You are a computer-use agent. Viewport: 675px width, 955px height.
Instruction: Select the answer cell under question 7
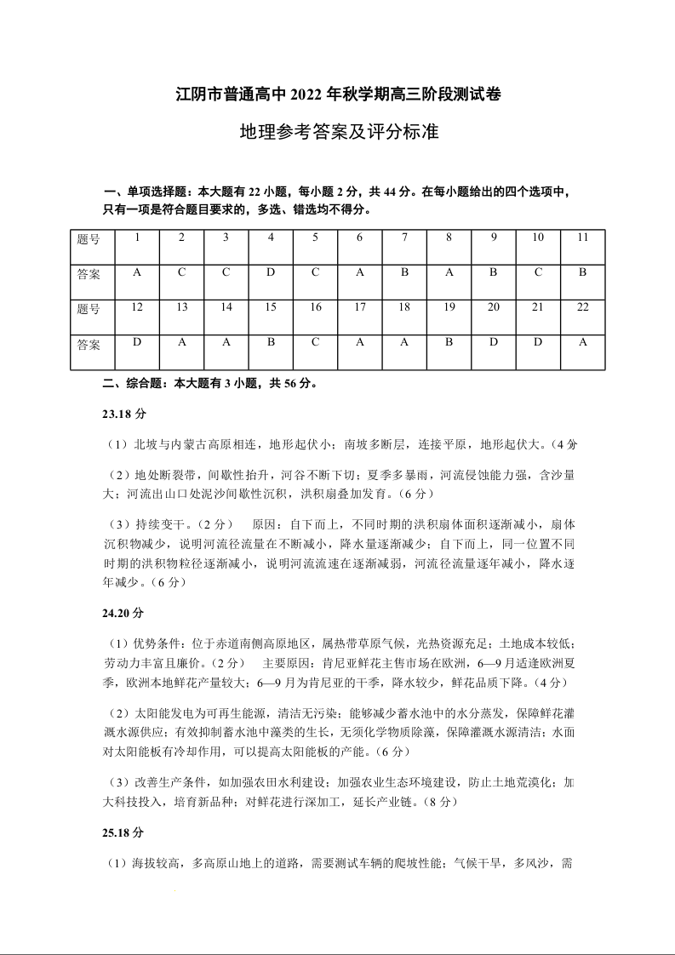point(404,273)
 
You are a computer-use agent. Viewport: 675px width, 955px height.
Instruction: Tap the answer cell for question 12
point(137,344)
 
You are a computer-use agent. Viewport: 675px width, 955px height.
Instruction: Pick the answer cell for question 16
point(315,344)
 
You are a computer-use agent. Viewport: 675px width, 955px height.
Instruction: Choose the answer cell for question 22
point(583,344)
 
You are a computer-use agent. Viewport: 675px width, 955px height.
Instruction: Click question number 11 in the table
point(583,237)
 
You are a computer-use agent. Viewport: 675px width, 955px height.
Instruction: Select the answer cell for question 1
point(137,273)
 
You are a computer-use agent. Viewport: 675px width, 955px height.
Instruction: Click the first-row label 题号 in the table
point(89,238)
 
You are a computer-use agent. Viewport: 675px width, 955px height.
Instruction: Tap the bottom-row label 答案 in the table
point(89,345)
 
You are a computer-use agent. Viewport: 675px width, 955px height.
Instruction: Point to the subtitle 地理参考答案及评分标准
point(338,133)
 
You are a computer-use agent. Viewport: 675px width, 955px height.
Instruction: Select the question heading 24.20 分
point(124,613)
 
